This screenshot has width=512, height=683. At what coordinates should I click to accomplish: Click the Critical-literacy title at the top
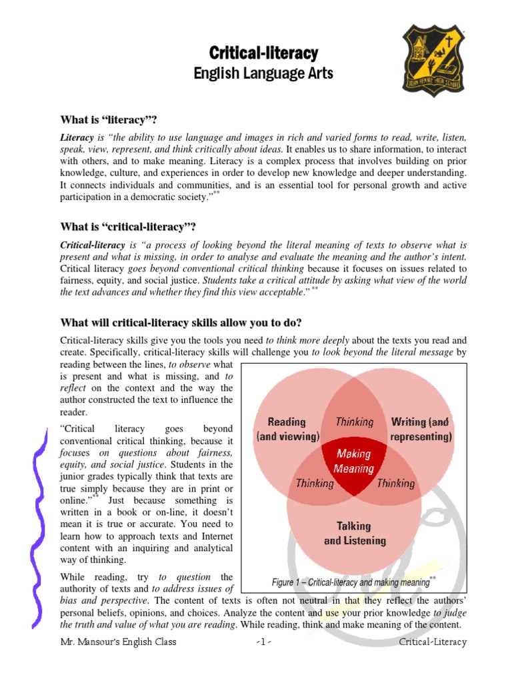[263, 53]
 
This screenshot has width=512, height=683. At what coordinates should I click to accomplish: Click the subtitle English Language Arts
[263, 73]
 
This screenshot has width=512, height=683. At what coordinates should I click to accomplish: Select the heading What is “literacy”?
[108, 119]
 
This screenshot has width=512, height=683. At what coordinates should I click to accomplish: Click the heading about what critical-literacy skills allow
[181, 323]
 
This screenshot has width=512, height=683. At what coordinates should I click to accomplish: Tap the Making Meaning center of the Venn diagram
[354, 461]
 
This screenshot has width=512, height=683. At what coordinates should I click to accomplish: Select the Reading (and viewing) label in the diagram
[287, 430]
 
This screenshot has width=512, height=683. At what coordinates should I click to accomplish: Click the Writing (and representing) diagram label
[421, 430]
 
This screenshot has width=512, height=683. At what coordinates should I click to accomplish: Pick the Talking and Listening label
[354, 534]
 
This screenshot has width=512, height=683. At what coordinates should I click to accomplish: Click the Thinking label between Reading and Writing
[354, 422]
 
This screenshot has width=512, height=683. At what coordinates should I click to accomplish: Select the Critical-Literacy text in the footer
[433, 642]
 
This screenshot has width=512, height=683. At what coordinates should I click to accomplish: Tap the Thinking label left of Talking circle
[315, 484]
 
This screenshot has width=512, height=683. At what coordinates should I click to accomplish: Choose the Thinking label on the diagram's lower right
[395, 484]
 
